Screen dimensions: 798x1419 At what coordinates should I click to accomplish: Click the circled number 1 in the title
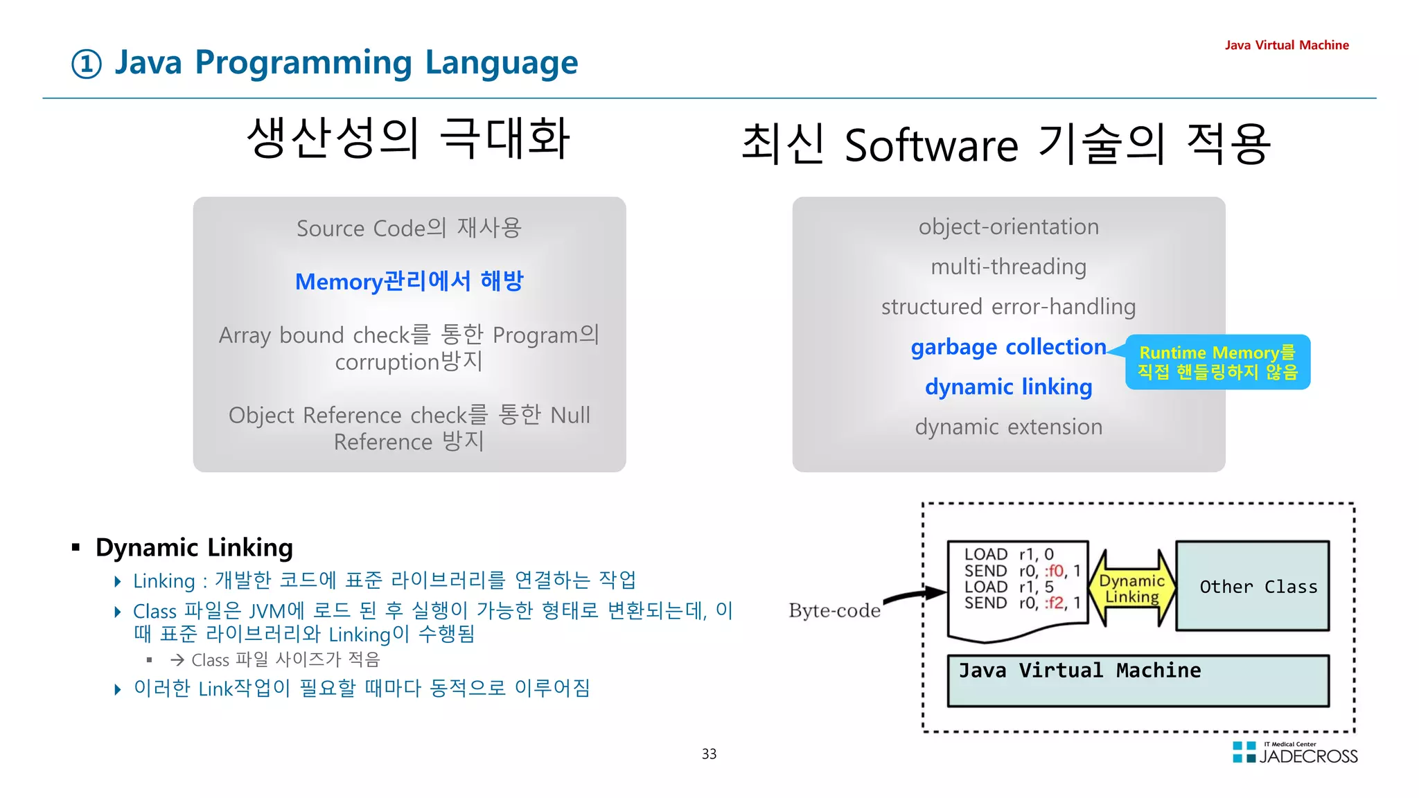click(87, 64)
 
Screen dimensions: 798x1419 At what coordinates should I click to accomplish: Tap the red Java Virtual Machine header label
click(1286, 45)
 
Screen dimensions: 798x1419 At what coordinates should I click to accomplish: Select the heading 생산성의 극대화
click(409, 138)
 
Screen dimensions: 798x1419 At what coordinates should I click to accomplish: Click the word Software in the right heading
click(931, 145)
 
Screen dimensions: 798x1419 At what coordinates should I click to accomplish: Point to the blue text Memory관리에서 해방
click(409, 281)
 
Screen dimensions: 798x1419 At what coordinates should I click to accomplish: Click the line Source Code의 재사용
click(409, 228)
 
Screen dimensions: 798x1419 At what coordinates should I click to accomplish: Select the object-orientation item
click(1008, 227)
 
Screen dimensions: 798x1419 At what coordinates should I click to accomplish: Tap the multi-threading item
click(1008, 267)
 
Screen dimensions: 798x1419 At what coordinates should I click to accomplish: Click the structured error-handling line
click(1008, 306)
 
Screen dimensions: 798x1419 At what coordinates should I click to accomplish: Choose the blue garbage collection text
click(1008, 346)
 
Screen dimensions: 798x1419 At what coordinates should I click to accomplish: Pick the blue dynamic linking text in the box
click(1008, 387)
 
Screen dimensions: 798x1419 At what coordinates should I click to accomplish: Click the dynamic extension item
click(1008, 427)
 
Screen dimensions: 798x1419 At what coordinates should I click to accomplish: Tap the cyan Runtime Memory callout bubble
click(1217, 362)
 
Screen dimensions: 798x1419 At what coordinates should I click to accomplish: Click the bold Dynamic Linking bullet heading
click(194, 547)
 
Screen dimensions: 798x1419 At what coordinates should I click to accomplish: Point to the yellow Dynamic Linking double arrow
click(1131, 588)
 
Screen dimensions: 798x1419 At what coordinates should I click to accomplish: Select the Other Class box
click(1253, 586)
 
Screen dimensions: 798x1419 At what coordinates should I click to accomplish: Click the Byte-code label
click(834, 610)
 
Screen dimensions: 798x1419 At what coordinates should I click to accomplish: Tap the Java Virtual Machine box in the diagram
click(1138, 681)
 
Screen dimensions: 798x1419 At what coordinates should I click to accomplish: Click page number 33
click(709, 754)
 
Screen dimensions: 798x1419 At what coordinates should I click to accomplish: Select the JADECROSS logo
click(1294, 753)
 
